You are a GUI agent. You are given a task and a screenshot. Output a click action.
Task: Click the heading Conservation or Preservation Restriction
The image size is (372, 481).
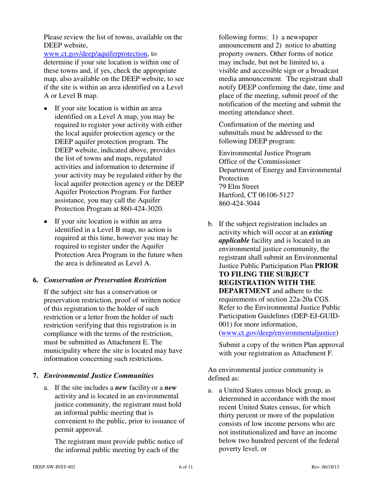pos(105,280)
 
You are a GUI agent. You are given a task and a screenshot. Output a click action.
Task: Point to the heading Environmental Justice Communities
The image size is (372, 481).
pos(98,376)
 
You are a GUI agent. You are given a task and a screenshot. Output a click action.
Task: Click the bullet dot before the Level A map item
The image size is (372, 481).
pos(46,109)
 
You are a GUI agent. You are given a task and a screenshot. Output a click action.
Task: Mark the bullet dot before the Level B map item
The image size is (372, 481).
pos(46,221)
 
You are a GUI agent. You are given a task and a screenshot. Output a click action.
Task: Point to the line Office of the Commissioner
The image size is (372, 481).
pos(259,161)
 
